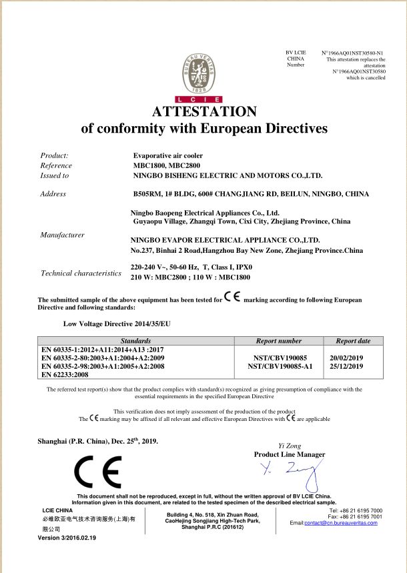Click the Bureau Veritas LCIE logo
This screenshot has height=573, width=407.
pos(203,74)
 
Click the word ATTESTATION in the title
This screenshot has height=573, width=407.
pos(204,111)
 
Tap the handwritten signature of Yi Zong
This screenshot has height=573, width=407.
pos(290,475)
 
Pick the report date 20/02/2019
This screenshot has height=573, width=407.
pos(346,358)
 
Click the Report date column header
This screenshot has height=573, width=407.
pos(353,341)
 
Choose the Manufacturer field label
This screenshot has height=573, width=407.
pos(62,235)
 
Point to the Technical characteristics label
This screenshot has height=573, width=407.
pos(81,273)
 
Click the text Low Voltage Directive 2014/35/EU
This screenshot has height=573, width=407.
pos(117,323)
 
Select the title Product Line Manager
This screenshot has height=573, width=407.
pos(290,454)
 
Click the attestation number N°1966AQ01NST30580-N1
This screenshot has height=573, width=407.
pos(352,52)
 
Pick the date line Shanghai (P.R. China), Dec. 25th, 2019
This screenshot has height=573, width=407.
pos(99,442)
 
